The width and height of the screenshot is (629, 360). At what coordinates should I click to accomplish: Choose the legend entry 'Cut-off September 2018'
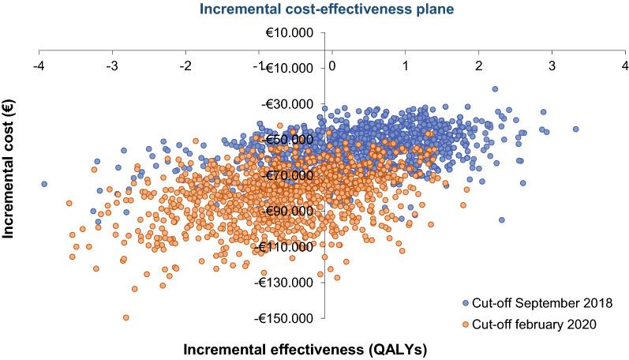pyautogui.click(x=537, y=302)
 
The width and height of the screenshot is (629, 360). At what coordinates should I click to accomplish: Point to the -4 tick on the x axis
pyautogui.click(x=39, y=65)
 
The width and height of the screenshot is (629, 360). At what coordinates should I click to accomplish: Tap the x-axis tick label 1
pyautogui.click(x=405, y=65)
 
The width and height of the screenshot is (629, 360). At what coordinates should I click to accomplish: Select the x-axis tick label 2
pyautogui.click(x=478, y=65)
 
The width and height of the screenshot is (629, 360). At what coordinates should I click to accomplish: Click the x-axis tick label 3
pyautogui.click(x=552, y=65)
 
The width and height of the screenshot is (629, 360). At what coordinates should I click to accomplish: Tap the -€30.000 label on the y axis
pyautogui.click(x=290, y=103)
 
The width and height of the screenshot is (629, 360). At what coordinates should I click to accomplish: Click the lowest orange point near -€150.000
pyautogui.click(x=125, y=317)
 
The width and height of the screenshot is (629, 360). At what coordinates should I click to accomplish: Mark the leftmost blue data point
pyautogui.click(x=44, y=184)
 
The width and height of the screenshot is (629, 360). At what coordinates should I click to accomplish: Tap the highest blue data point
pyautogui.click(x=495, y=89)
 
